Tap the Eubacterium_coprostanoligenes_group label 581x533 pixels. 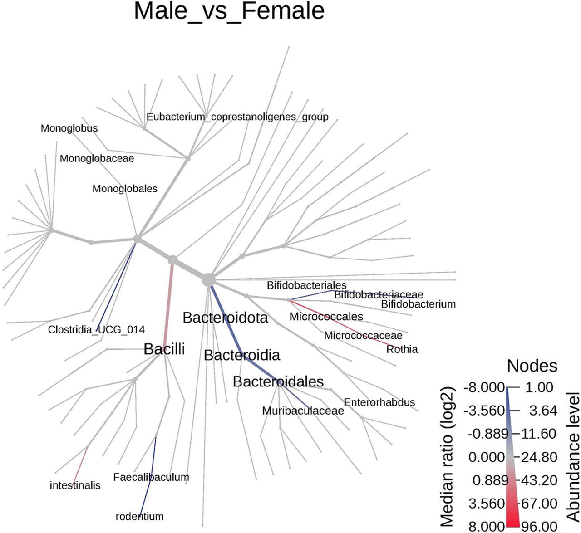[237, 117]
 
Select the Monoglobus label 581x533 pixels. [69, 128]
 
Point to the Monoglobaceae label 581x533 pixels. [97, 159]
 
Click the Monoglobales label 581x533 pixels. [125, 189]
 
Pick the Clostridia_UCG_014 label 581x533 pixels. [96, 329]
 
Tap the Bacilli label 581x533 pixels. [164, 349]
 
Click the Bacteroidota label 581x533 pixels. [225, 318]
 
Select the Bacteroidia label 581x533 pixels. [242, 355]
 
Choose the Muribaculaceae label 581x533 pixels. [303, 411]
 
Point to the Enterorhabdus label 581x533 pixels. [379, 402]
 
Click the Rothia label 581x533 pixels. [402, 349]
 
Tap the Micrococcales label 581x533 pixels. [326, 317]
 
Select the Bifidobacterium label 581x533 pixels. [418, 304]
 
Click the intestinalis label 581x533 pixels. [75, 485]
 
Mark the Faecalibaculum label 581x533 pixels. [151, 477]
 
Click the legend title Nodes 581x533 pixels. [532, 366]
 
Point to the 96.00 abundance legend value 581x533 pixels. [539, 526]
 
